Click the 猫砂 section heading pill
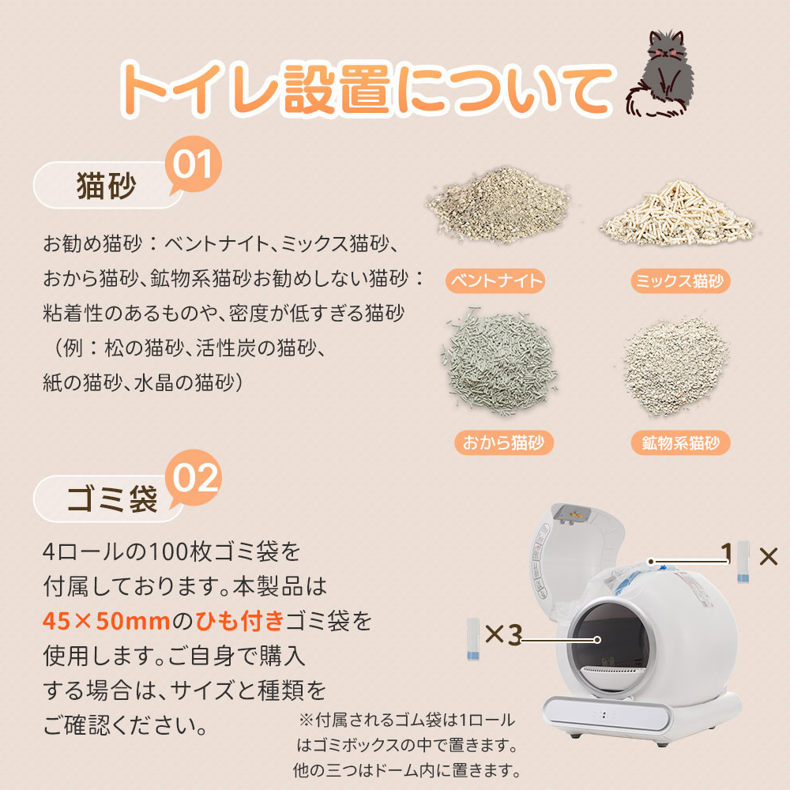coord(107,186)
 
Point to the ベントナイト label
coord(495,280)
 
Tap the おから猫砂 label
coord(503,442)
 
